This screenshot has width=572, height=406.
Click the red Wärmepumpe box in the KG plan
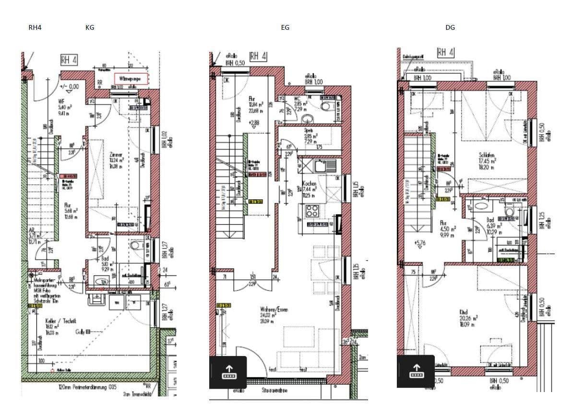tap(131, 79)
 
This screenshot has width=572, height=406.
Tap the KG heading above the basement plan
tap(90, 27)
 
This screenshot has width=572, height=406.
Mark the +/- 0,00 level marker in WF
tap(69, 87)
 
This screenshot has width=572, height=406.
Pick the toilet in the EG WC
tap(327, 107)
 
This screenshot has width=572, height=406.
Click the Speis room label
tap(309, 130)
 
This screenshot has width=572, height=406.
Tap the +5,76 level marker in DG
tap(420, 243)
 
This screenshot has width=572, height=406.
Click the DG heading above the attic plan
tap(450, 27)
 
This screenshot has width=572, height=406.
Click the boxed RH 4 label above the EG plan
tap(258, 57)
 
